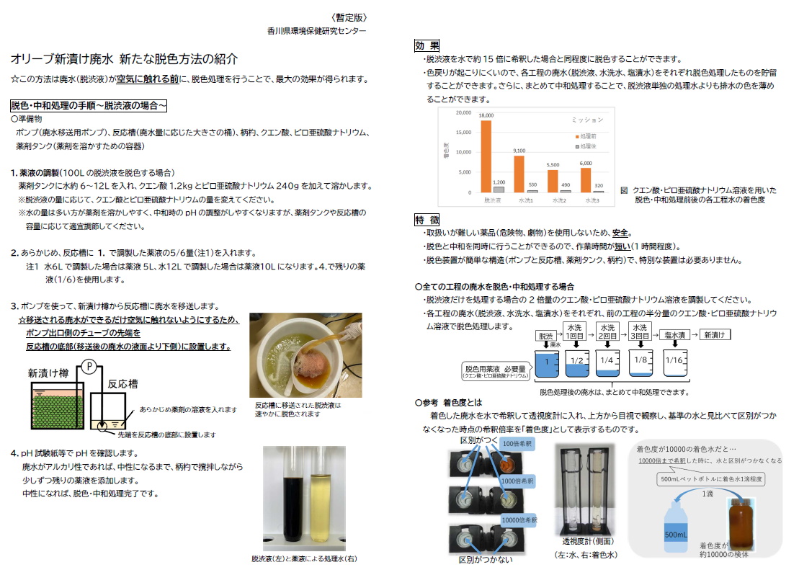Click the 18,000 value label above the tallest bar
point(487,115)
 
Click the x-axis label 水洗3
point(594,200)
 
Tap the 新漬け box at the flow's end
point(716,335)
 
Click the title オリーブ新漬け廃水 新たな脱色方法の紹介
point(124,60)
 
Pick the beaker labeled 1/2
point(577,362)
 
